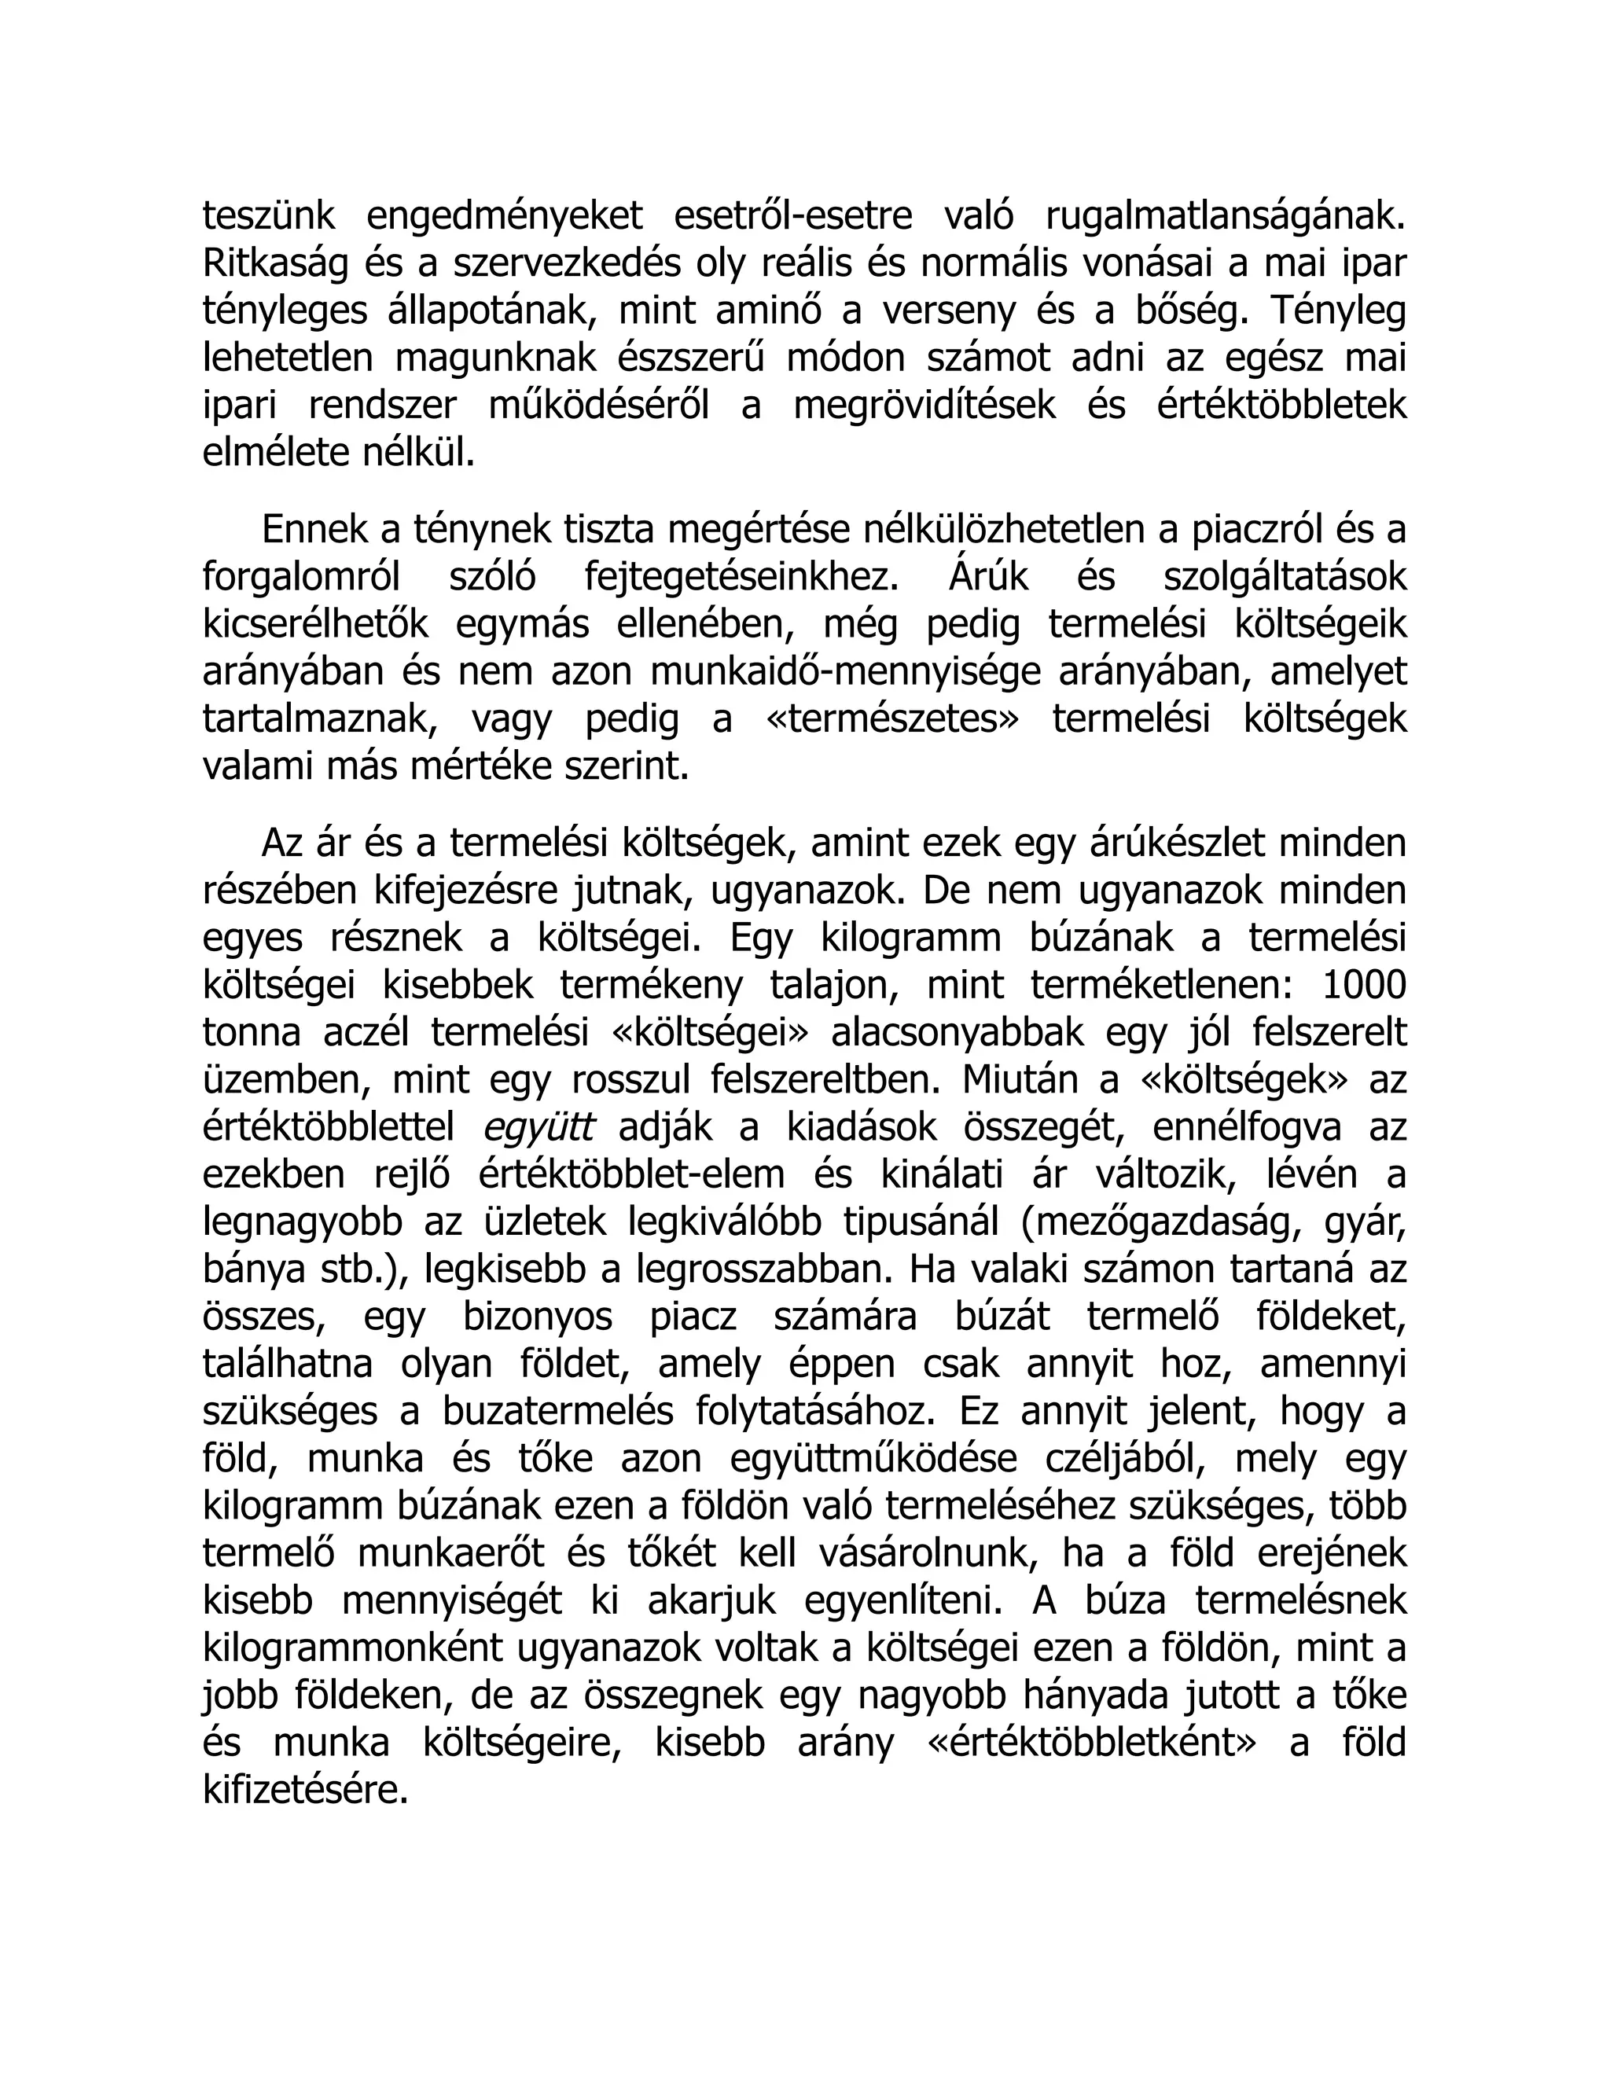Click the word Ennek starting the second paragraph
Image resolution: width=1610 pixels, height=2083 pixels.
point(316,531)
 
